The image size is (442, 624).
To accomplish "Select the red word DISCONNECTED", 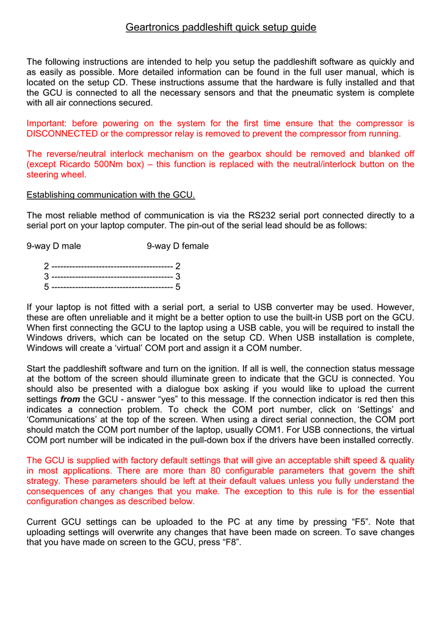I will point(62,133).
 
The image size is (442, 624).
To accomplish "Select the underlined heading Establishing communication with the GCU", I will point(111,195).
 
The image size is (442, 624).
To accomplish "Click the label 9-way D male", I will point(54,246).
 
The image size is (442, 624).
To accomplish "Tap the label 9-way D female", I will point(178,246).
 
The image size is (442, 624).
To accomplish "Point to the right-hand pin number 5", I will point(178,287).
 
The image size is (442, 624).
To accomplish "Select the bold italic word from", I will point(70,399).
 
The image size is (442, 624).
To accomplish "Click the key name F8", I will point(230,543).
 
